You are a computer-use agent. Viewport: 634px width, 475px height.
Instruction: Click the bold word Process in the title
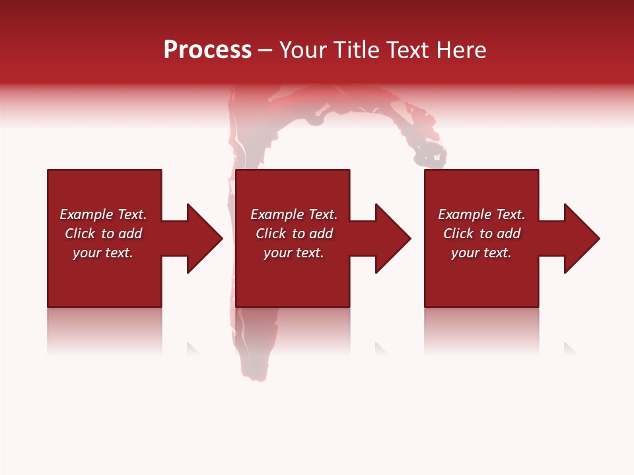click(207, 50)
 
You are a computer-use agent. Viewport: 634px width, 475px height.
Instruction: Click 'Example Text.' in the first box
click(103, 214)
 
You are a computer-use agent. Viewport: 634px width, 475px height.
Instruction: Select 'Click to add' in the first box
click(103, 234)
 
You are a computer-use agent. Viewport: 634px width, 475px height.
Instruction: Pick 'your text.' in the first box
click(103, 253)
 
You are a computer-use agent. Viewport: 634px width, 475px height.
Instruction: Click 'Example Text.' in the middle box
click(294, 214)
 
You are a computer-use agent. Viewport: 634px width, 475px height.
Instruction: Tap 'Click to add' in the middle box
click(294, 234)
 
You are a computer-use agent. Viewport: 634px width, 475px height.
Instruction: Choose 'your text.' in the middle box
click(294, 253)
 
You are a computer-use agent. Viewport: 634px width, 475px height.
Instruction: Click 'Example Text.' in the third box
click(481, 214)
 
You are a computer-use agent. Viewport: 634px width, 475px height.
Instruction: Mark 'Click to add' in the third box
click(481, 234)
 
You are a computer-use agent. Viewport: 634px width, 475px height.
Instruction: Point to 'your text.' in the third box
click(481, 253)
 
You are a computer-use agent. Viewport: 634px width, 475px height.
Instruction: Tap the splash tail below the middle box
click(254, 356)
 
